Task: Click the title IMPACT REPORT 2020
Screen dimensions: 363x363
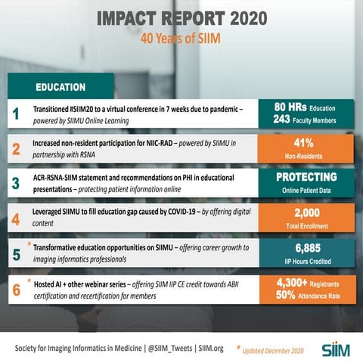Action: tap(181, 17)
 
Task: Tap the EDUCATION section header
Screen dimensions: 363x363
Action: tap(60, 87)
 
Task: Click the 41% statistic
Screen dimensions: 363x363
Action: tap(309, 141)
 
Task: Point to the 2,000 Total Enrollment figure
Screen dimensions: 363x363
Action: tap(309, 215)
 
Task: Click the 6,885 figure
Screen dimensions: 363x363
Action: tap(309, 248)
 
